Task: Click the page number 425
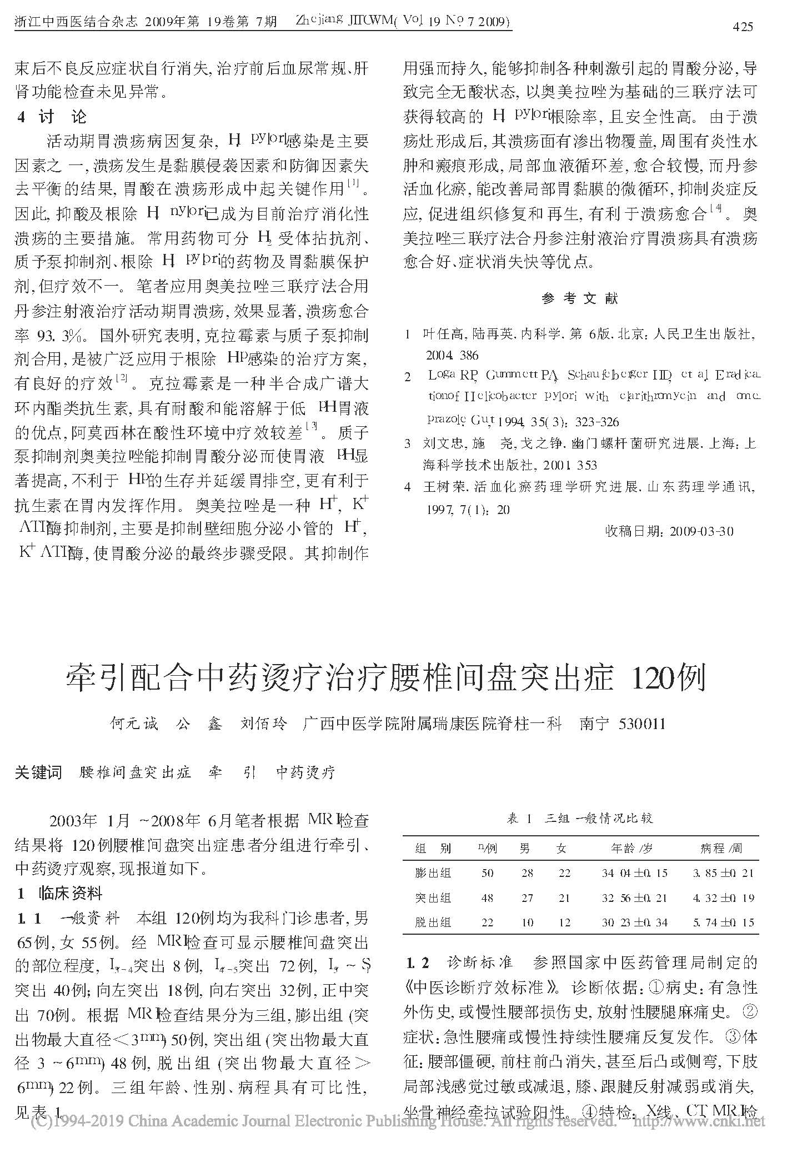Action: pyautogui.click(x=743, y=26)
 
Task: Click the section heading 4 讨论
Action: pyautogui.click(x=52, y=117)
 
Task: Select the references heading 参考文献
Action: pyautogui.click(x=579, y=298)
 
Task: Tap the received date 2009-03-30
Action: pyautogui.click(x=701, y=531)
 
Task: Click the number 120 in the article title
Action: pyautogui.click(x=651, y=677)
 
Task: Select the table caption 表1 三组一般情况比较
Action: pyautogui.click(x=580, y=818)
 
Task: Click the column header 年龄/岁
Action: pyautogui.click(x=631, y=849)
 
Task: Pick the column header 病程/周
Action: pyautogui.click(x=721, y=849)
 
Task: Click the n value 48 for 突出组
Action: pyautogui.click(x=487, y=897)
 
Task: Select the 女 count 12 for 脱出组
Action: pyautogui.click(x=564, y=922)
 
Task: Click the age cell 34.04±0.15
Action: pyautogui.click(x=634, y=873)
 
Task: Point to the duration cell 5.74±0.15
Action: pyautogui.click(x=723, y=922)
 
